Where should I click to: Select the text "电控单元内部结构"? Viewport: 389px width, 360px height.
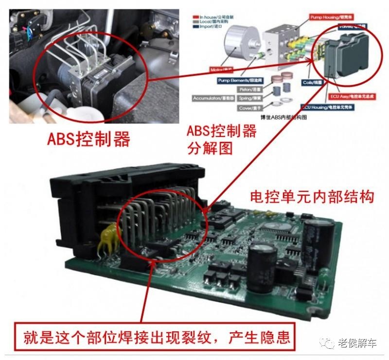tap(311, 197)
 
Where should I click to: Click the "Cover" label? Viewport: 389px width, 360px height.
tap(251, 108)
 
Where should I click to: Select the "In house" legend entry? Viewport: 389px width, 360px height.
tap(213, 16)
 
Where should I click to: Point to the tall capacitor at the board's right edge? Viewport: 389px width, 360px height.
tap(319, 238)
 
